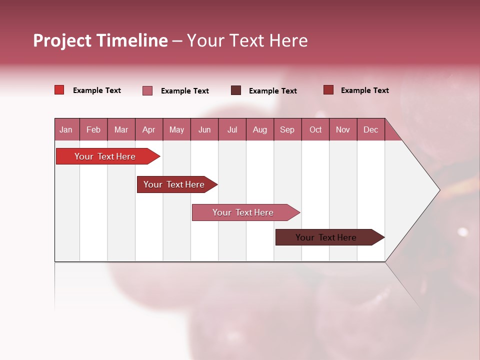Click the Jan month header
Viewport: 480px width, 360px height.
tap(66, 129)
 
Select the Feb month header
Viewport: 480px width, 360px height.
tap(93, 129)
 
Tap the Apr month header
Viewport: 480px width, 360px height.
tap(148, 129)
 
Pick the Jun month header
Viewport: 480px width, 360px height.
tap(204, 129)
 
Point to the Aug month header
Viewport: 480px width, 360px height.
tap(260, 129)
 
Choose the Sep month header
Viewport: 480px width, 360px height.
tap(287, 129)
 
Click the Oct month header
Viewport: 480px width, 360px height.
tap(315, 129)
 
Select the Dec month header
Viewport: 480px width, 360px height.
tap(370, 129)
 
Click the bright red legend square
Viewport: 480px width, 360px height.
tap(59, 90)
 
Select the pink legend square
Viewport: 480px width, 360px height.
tap(147, 90)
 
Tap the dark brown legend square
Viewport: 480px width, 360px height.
tap(236, 90)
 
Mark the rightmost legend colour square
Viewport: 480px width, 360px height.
tap(328, 90)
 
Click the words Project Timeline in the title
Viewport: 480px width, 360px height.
tap(100, 40)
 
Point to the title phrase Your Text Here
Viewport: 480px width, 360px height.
tap(247, 40)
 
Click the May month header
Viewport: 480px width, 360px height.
tap(176, 129)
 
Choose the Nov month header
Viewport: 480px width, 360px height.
tap(343, 129)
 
